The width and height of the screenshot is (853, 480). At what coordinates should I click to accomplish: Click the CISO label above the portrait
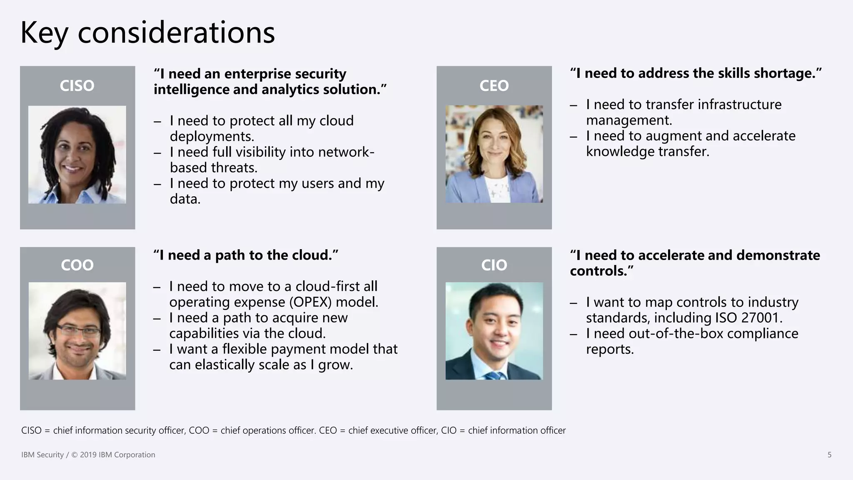(x=77, y=86)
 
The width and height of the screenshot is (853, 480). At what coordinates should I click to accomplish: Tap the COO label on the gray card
(x=77, y=265)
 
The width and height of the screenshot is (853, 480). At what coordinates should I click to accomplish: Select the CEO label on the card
(x=494, y=86)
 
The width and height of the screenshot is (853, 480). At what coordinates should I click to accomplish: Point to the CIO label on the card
(x=494, y=265)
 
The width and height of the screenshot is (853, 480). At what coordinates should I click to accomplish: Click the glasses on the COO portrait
(x=78, y=332)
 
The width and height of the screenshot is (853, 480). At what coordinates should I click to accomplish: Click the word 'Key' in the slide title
(x=44, y=33)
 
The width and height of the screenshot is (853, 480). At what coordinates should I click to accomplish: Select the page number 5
(x=829, y=455)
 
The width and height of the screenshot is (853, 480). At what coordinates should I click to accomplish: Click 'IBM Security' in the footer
(x=42, y=455)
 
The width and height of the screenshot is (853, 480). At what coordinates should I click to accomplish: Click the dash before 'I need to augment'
(x=574, y=137)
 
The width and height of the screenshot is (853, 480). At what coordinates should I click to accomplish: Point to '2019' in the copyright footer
(x=88, y=455)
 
